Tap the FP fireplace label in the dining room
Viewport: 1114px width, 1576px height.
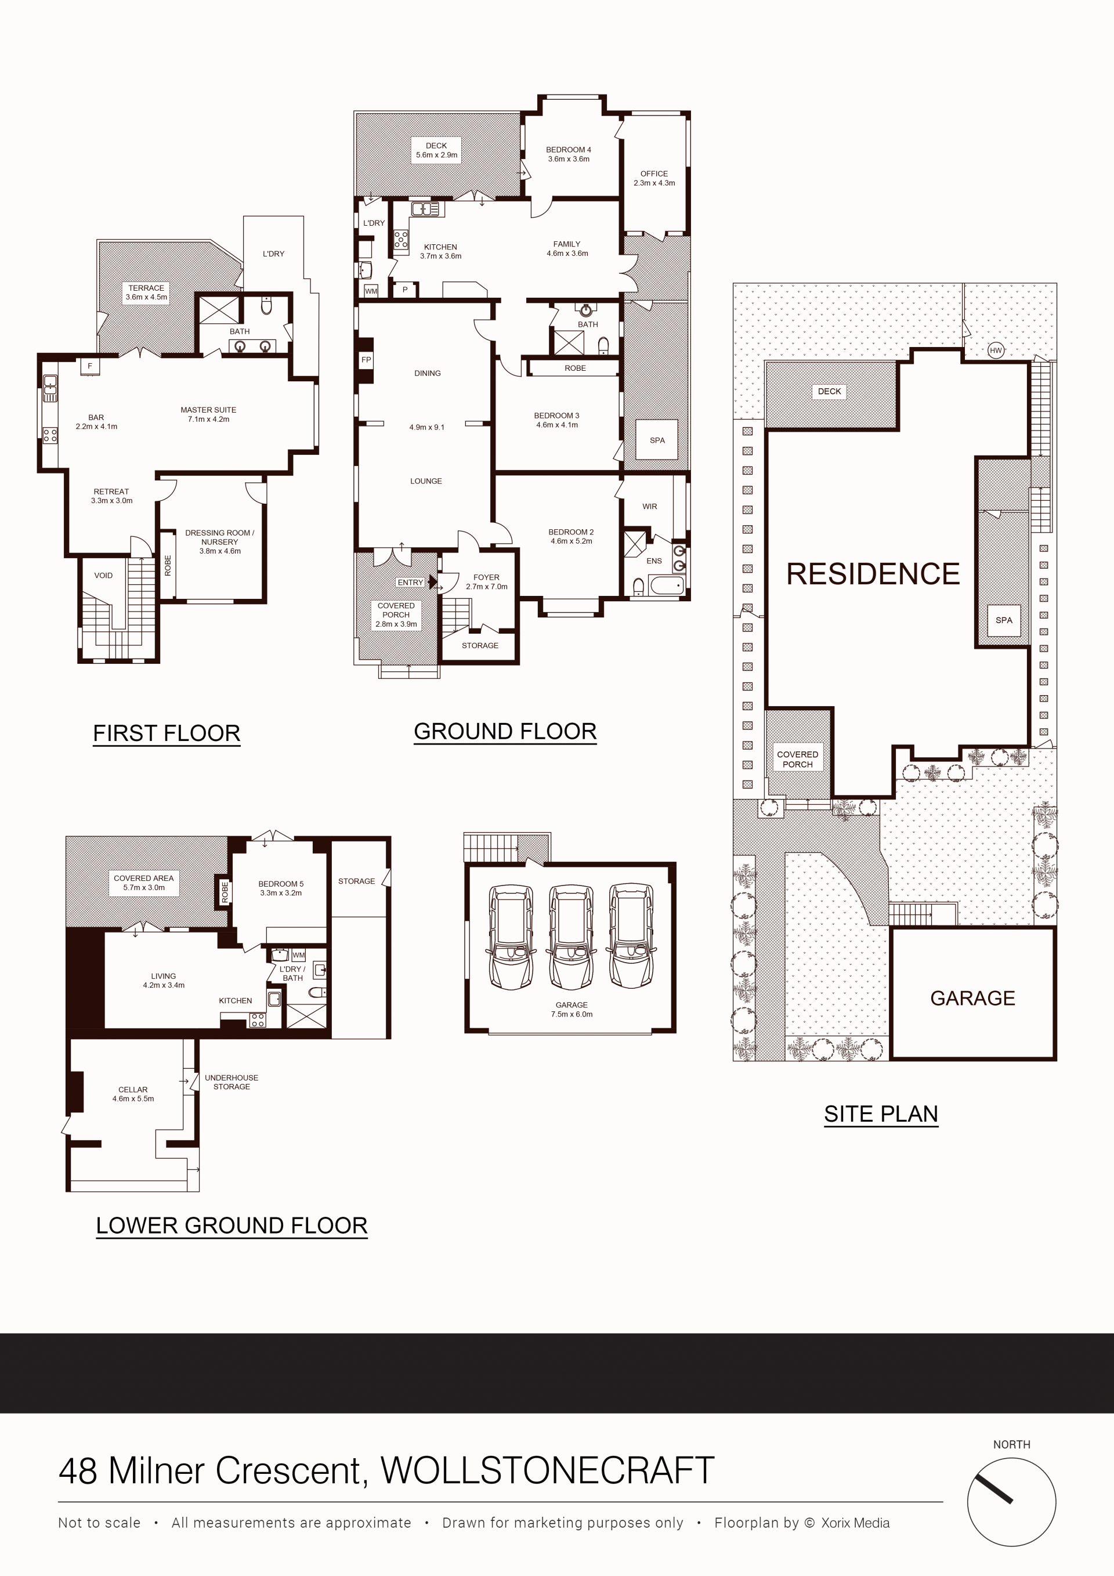click(x=366, y=360)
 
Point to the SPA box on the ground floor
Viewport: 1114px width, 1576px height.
click(x=657, y=440)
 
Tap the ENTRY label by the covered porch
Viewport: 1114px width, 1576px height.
click(x=410, y=582)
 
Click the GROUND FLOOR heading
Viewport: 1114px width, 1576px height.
click(x=505, y=732)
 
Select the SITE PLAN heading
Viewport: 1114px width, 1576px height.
click(x=881, y=1114)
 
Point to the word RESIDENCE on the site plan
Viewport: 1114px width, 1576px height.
click(x=873, y=574)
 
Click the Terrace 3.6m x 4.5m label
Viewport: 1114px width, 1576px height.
click(x=146, y=292)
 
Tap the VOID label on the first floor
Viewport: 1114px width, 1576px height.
click(x=103, y=575)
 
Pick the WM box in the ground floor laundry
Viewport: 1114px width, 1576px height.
click(x=371, y=291)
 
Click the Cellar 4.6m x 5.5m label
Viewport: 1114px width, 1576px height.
click(x=133, y=1094)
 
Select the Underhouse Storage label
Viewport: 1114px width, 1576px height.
click(x=232, y=1082)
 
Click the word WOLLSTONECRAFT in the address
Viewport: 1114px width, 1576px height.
click(x=547, y=1471)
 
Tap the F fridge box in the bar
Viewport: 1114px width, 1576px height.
click(x=89, y=367)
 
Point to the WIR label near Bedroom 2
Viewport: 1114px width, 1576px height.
click(x=649, y=507)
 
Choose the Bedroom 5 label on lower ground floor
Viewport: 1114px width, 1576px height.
click(x=281, y=888)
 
